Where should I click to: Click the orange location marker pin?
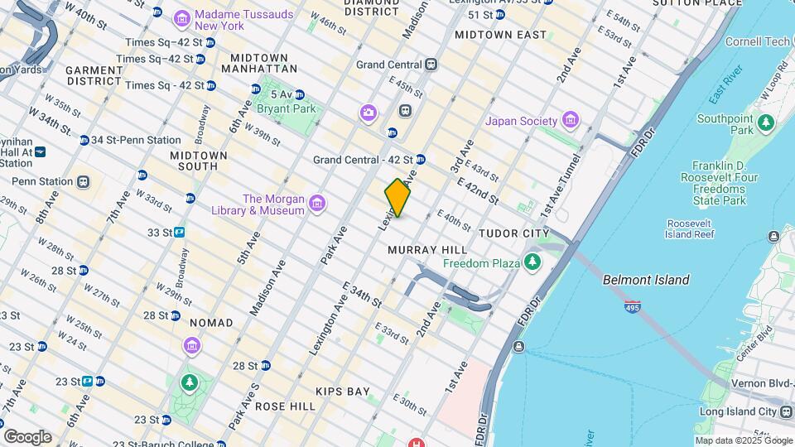click(x=397, y=198)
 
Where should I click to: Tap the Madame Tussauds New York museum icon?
click(x=181, y=17)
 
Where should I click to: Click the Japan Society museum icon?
click(x=570, y=121)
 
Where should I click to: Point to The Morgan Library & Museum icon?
click(x=316, y=204)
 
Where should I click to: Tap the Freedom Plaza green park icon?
click(x=532, y=263)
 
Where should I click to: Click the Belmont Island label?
click(x=646, y=280)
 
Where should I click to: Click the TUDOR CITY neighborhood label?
click(x=513, y=234)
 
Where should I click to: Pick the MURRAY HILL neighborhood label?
click(x=427, y=249)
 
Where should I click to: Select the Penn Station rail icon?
click(x=83, y=181)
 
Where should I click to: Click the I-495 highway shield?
click(x=633, y=306)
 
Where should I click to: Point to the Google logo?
click(x=27, y=436)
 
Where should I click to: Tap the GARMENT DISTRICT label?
click(x=94, y=75)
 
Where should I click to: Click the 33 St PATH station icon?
click(x=179, y=233)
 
